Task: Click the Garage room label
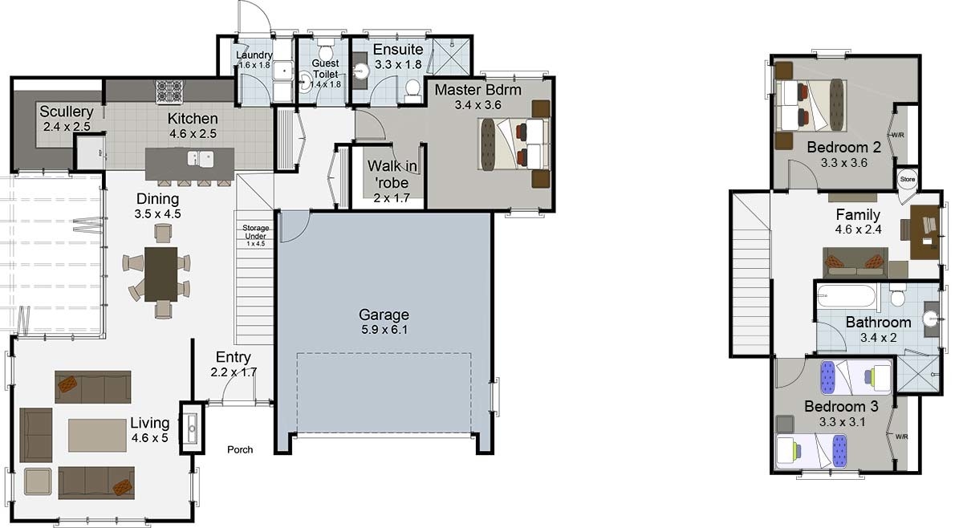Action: [384, 315]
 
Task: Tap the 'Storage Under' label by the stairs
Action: [255, 232]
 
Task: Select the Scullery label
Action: [67, 112]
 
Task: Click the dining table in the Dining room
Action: [160, 274]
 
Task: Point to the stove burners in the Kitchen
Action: [169, 91]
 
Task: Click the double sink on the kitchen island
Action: [201, 158]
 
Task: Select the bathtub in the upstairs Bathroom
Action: [846, 295]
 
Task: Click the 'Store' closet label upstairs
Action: [908, 179]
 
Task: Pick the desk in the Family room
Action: [924, 232]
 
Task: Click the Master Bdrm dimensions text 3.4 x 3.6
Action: [478, 105]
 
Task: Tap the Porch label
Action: [240, 449]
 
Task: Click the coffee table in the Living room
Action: [97, 435]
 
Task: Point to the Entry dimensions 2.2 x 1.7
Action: [234, 372]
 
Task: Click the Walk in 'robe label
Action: [392, 174]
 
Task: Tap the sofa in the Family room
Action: [855, 262]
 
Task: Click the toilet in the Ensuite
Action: [412, 91]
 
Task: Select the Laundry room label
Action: [254, 55]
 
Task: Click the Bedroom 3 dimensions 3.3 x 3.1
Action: [842, 422]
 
